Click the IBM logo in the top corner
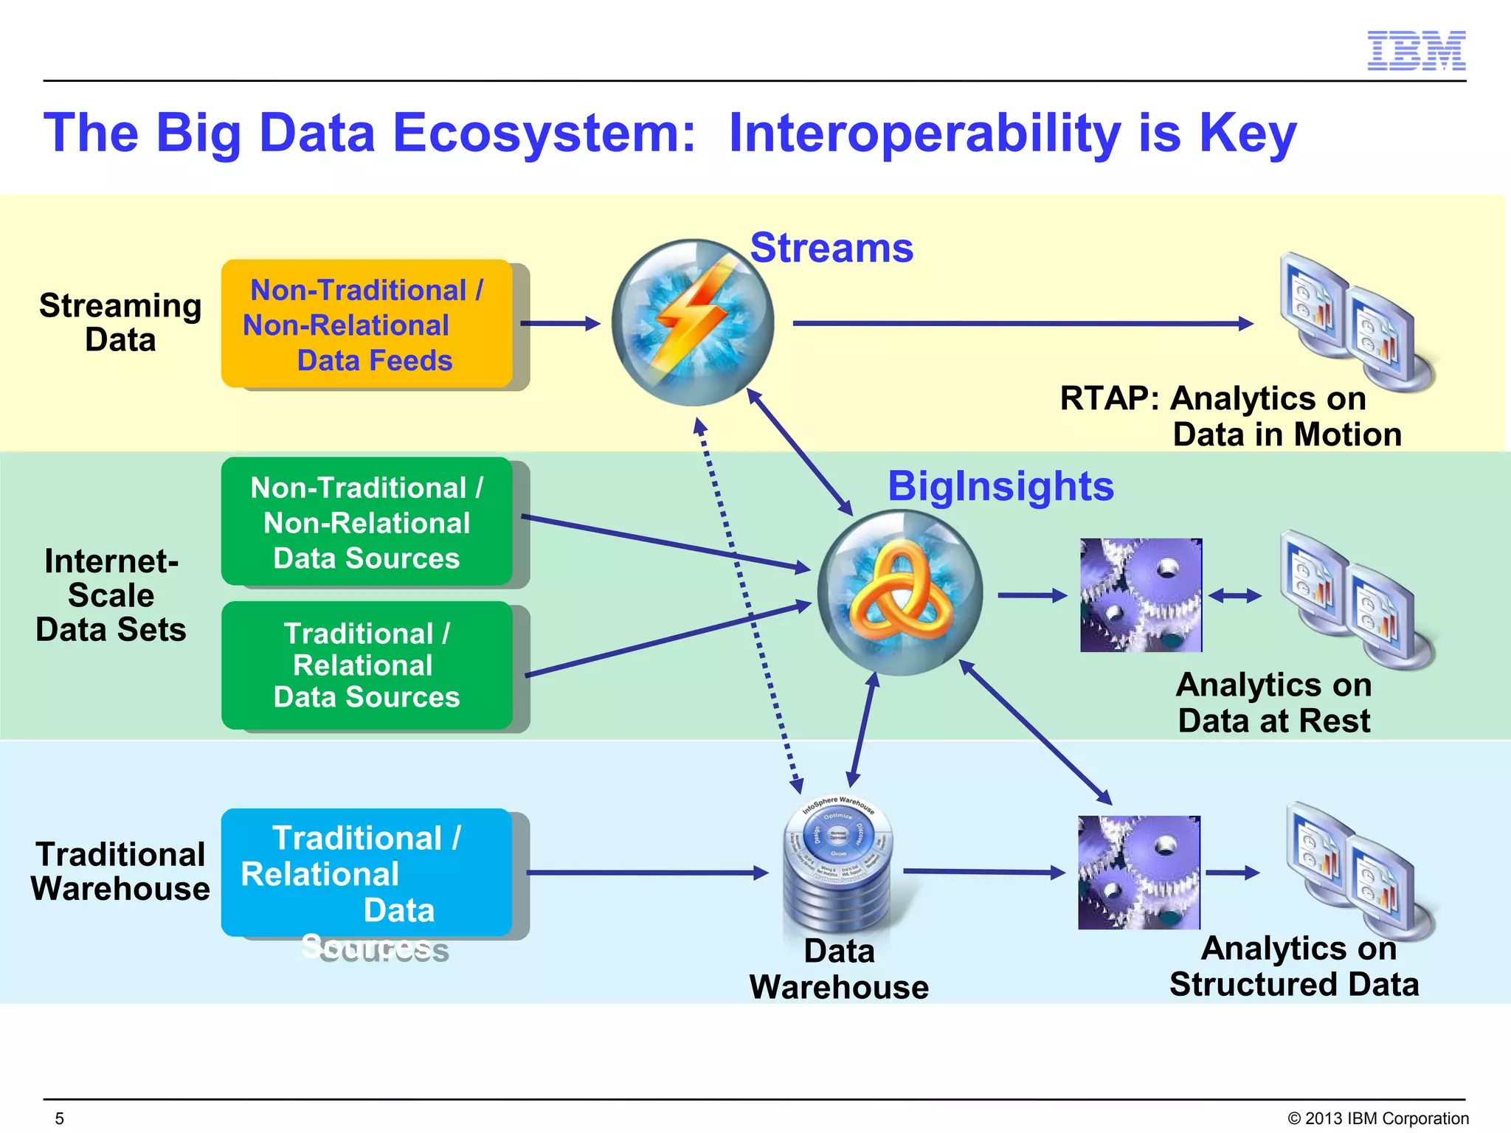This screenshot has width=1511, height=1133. pyautogui.click(x=1416, y=51)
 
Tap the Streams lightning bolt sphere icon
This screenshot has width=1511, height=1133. pyautogui.click(x=692, y=322)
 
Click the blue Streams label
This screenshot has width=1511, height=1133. pyautogui.click(x=831, y=248)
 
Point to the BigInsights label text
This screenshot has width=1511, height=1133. pyautogui.click(x=1000, y=486)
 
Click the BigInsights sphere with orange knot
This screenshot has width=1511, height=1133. pyautogui.click(x=899, y=593)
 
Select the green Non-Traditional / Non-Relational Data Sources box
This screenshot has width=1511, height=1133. pyautogui.click(x=367, y=522)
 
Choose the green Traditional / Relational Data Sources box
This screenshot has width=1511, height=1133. pyautogui.click(x=367, y=665)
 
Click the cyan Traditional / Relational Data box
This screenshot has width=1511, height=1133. pyautogui.click(x=367, y=873)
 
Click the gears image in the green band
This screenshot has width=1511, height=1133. pyautogui.click(x=1141, y=595)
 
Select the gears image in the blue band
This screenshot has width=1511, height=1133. pyautogui.click(x=1138, y=873)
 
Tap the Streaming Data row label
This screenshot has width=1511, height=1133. pyautogui.click(x=120, y=322)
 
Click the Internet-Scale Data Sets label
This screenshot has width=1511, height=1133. pyautogui.click(x=111, y=595)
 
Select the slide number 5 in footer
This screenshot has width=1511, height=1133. pyautogui.click(x=60, y=1118)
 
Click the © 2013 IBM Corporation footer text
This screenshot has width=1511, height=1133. pyautogui.click(x=1377, y=1118)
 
